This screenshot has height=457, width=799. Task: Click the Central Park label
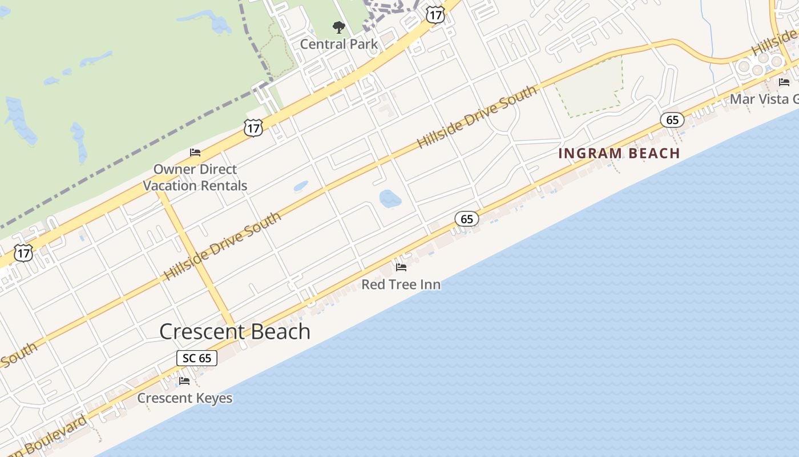[x=338, y=44]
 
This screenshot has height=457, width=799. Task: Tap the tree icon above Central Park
[x=339, y=27]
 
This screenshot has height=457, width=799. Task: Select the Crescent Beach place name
[x=235, y=331]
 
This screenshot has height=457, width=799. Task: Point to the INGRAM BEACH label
[x=619, y=153]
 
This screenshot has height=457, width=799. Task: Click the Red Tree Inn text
[x=401, y=284]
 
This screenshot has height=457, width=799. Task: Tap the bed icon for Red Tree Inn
[x=401, y=267]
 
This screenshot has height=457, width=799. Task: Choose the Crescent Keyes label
[x=185, y=398]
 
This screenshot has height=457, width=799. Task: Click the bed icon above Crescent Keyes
[x=184, y=380]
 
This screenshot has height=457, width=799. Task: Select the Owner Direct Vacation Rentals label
[x=195, y=177]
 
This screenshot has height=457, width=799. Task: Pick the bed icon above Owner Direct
[x=195, y=153]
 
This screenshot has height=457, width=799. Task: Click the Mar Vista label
[x=764, y=99]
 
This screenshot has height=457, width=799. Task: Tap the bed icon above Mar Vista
[x=784, y=82]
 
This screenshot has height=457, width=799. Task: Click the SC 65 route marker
[x=197, y=358]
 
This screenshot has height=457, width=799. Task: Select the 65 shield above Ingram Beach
[x=672, y=120]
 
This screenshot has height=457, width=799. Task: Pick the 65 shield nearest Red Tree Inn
[x=467, y=219]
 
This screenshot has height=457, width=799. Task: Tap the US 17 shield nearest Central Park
[x=435, y=15]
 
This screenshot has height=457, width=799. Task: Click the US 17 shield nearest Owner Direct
[x=253, y=128]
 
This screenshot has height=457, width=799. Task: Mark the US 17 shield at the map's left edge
[x=24, y=253]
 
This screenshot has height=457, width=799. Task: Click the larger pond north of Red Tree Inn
[x=390, y=199]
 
